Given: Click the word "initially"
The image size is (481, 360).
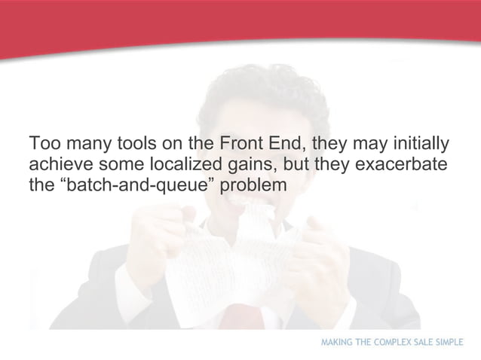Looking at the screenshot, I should point(418,143).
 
